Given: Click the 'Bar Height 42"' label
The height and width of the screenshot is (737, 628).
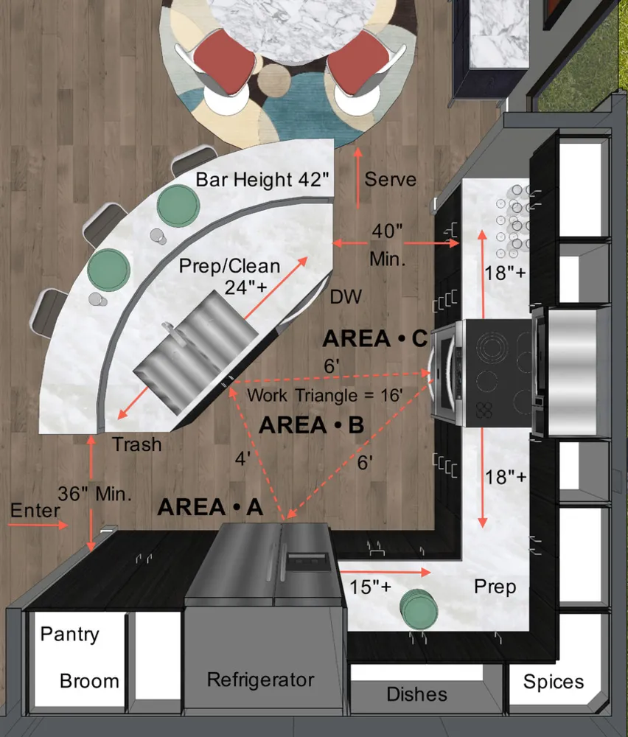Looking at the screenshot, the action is tap(262, 180).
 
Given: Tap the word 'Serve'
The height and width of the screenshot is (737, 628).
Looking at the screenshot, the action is tap(391, 179).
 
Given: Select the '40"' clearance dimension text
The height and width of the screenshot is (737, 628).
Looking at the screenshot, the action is tap(387, 231).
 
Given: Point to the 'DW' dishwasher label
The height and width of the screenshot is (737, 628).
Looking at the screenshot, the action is tap(346, 296).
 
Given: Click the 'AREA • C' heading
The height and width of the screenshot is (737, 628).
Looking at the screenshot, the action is tap(375, 338).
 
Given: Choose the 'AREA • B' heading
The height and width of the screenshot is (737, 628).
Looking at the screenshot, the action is tap(311, 425).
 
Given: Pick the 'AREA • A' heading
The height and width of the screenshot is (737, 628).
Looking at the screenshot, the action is tap(210, 507).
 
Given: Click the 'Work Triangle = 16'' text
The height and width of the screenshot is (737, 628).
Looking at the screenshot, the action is tap(325, 395).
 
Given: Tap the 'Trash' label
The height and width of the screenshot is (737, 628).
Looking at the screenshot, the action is tap(137, 444).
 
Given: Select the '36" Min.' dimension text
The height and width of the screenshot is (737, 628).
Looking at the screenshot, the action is tap(94, 494).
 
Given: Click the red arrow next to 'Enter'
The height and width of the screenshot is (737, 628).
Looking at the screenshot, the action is tap(39, 525).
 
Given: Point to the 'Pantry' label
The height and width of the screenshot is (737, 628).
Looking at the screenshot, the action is tap(69, 634).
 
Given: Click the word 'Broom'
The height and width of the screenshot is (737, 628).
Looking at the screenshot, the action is tap(89, 681).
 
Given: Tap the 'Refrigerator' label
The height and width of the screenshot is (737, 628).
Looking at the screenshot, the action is tap(261, 680).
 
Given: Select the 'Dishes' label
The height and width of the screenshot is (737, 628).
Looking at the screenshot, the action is tap(417, 694).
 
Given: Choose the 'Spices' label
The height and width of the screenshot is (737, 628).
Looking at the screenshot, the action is tap(554, 682).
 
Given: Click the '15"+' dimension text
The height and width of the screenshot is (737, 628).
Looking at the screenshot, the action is tap(371, 587).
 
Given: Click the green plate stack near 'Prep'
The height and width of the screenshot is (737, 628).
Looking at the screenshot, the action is tap(419, 609).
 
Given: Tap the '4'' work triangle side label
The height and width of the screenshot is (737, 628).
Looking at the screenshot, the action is tap(243, 458).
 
